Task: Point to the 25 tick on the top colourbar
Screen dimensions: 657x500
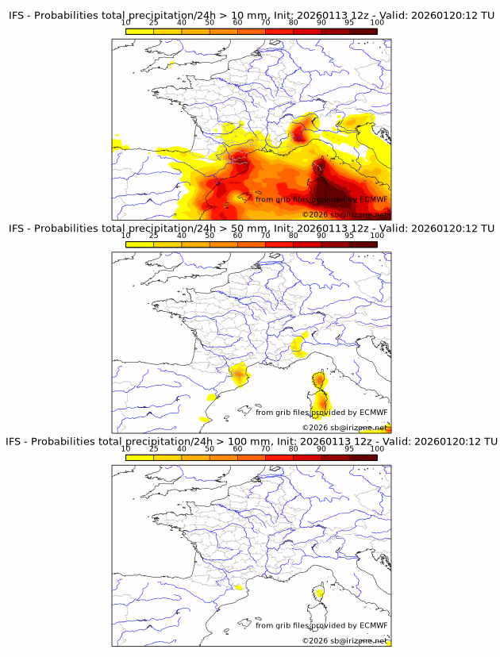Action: (154, 22)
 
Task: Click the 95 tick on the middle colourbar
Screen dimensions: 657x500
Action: (349, 235)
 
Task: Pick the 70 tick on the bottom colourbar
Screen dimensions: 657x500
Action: (266, 448)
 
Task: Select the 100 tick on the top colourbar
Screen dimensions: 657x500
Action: (377, 22)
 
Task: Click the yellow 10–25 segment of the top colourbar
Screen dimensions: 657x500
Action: (140, 31)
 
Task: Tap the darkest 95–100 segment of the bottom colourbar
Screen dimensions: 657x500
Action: (363, 457)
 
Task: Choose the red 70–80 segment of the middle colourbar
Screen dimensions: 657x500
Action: (279, 244)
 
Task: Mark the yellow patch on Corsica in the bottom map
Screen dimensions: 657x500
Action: (320, 592)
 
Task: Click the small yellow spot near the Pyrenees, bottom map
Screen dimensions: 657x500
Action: (237, 588)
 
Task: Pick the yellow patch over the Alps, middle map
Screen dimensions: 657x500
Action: (299, 344)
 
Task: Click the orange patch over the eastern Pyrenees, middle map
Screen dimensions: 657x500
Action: (239, 373)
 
